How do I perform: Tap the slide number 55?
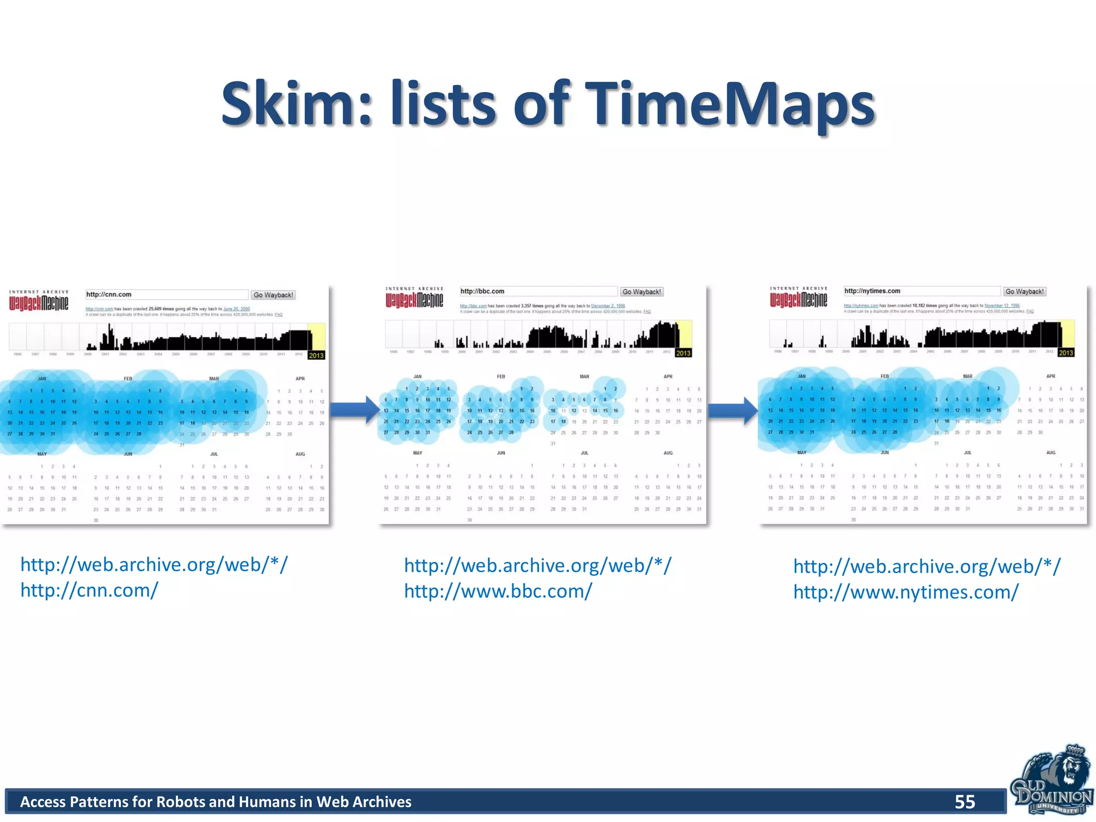(x=964, y=802)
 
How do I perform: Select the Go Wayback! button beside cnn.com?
(x=273, y=295)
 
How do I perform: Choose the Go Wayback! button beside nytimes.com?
(x=1024, y=292)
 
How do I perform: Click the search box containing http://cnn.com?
(x=166, y=294)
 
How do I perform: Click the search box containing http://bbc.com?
(x=538, y=292)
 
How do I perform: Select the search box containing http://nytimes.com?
(x=922, y=291)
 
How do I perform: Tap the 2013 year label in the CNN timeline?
(x=316, y=355)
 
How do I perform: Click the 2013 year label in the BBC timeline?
(x=683, y=353)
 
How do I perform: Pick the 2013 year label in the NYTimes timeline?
(x=1066, y=353)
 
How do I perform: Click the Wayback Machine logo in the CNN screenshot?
(x=39, y=301)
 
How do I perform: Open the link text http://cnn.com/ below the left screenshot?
(x=89, y=590)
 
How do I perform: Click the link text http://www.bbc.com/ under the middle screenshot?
(x=498, y=591)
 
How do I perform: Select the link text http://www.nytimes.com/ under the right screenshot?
(x=905, y=592)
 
